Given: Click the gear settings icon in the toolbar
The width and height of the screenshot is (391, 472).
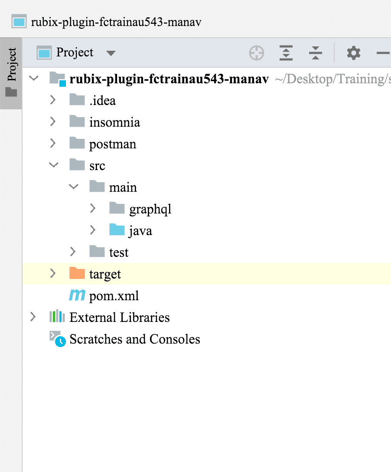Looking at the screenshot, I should click(x=353, y=53).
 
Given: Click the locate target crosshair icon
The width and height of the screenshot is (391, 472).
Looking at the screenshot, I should click(x=257, y=53).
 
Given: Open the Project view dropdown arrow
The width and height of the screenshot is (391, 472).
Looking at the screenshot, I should click(x=111, y=53).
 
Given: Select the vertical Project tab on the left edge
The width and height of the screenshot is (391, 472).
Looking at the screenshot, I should click(x=12, y=72).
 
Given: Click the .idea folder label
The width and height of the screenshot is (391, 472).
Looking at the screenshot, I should click(x=102, y=101).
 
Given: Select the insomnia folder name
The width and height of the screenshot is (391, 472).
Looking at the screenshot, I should click(x=114, y=122).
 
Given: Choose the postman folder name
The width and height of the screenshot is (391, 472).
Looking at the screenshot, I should click(x=113, y=144).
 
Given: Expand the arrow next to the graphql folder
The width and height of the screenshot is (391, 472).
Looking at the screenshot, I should click(x=92, y=209).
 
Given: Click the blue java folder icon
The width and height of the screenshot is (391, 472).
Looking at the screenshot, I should click(x=117, y=230).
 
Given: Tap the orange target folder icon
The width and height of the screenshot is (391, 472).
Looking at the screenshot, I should click(x=77, y=274).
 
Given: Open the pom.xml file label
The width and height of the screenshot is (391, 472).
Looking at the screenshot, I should click(x=114, y=296).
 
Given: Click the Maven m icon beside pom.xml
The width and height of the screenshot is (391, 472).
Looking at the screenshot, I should click(x=77, y=296).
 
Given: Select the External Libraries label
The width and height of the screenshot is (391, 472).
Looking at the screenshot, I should click(x=119, y=318).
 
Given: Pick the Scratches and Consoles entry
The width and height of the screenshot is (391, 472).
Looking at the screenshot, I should click(x=134, y=339).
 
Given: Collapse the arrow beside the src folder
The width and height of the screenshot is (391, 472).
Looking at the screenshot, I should click(x=53, y=165).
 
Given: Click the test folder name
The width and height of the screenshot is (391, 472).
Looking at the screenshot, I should click(x=119, y=252).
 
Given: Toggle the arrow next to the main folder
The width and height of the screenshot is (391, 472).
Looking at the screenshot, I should click(x=73, y=187).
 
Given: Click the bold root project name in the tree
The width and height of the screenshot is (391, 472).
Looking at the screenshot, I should click(x=169, y=79).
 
